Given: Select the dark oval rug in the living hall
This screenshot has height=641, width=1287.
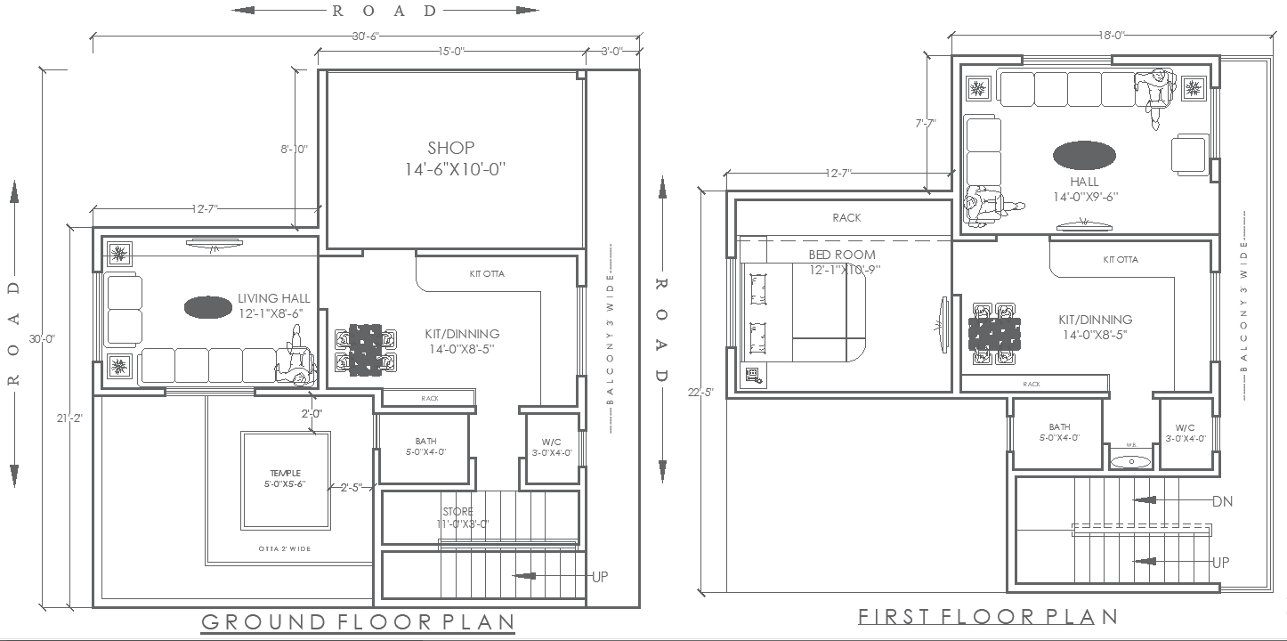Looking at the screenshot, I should (x=209, y=308).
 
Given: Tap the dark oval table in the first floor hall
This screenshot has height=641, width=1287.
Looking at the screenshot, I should (x=1084, y=155).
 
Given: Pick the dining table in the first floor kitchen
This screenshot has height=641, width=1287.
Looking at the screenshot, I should (x=994, y=335).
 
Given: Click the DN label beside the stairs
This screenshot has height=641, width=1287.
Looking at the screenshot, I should (x=1222, y=501).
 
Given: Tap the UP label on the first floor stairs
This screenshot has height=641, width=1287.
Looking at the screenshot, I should (x=1221, y=563).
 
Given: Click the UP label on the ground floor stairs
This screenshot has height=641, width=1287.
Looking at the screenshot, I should (x=600, y=577).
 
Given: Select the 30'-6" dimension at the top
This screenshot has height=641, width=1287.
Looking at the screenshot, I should (x=366, y=37).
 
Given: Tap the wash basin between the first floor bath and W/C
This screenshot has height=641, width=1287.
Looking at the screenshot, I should (x=1131, y=460).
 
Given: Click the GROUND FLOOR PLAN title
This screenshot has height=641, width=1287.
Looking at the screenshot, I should (x=358, y=621).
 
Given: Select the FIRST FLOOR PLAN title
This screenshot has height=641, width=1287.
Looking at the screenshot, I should (x=988, y=616).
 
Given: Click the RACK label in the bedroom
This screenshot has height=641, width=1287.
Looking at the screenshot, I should (x=846, y=217).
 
